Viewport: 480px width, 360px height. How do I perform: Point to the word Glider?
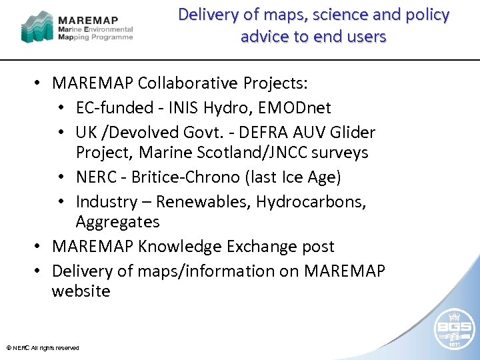click(351, 133)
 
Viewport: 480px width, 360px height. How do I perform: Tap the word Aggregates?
click(117, 222)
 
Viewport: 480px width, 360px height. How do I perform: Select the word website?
click(81, 291)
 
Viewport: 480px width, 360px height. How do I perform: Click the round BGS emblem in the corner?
click(455, 326)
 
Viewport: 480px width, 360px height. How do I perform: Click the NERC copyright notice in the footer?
click(43, 348)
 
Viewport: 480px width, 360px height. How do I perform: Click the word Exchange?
click(261, 247)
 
